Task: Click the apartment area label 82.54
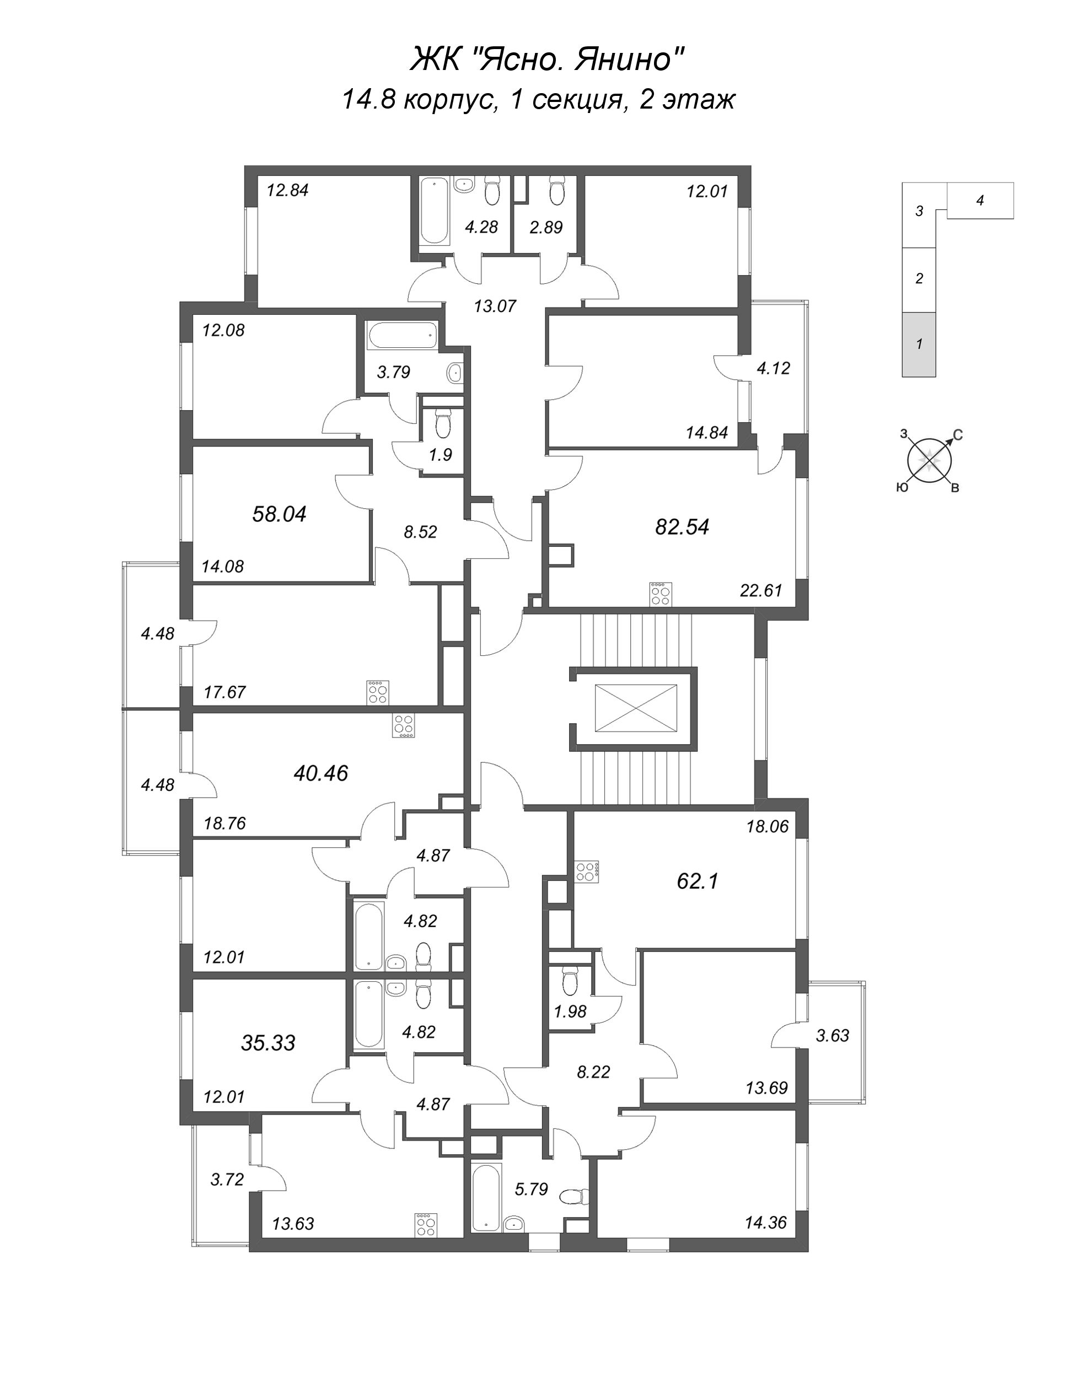click(x=682, y=527)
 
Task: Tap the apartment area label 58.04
click(x=279, y=514)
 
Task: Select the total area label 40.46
click(x=321, y=773)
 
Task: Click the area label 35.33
click(x=268, y=1043)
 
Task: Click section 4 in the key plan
click(x=980, y=201)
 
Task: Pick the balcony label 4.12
click(x=774, y=368)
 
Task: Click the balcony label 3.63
click(x=833, y=1036)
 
